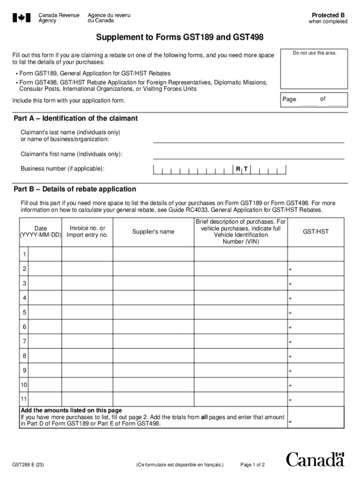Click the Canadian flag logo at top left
tap(22, 18)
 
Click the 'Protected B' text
tap(328, 15)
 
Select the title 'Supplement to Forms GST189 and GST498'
tap(180, 37)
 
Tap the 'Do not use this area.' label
tap(314, 53)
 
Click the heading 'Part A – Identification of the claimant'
tap(76, 118)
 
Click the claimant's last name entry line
tap(248, 138)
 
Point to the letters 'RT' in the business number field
tap(241, 168)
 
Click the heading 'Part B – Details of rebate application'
tap(75, 189)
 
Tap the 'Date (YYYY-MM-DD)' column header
tap(40, 232)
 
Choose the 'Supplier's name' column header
tap(153, 232)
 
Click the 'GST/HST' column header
tap(316, 232)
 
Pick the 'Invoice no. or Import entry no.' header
tap(87, 232)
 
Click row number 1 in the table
tap(24, 254)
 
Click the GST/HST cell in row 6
tap(316, 327)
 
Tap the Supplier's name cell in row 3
tap(153, 283)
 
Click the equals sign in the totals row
tap(290, 421)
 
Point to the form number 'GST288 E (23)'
tap(29, 465)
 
